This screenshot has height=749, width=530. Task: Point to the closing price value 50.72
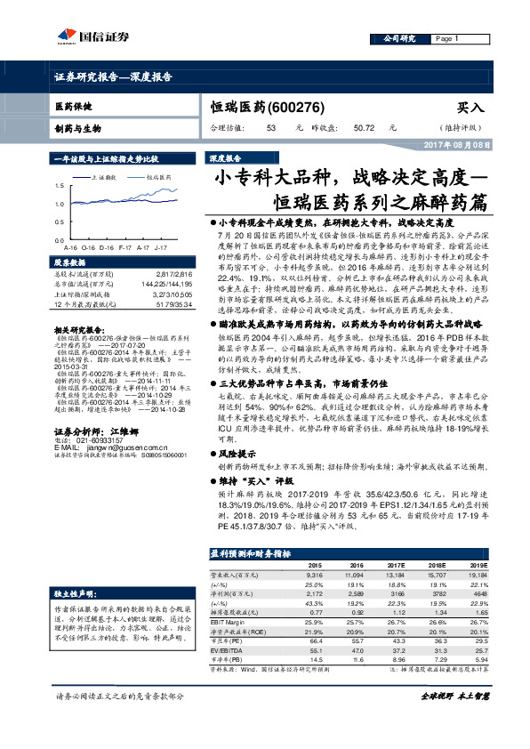(362, 128)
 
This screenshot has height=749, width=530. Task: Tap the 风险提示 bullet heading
(237, 453)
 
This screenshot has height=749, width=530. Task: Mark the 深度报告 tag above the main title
(225, 157)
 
